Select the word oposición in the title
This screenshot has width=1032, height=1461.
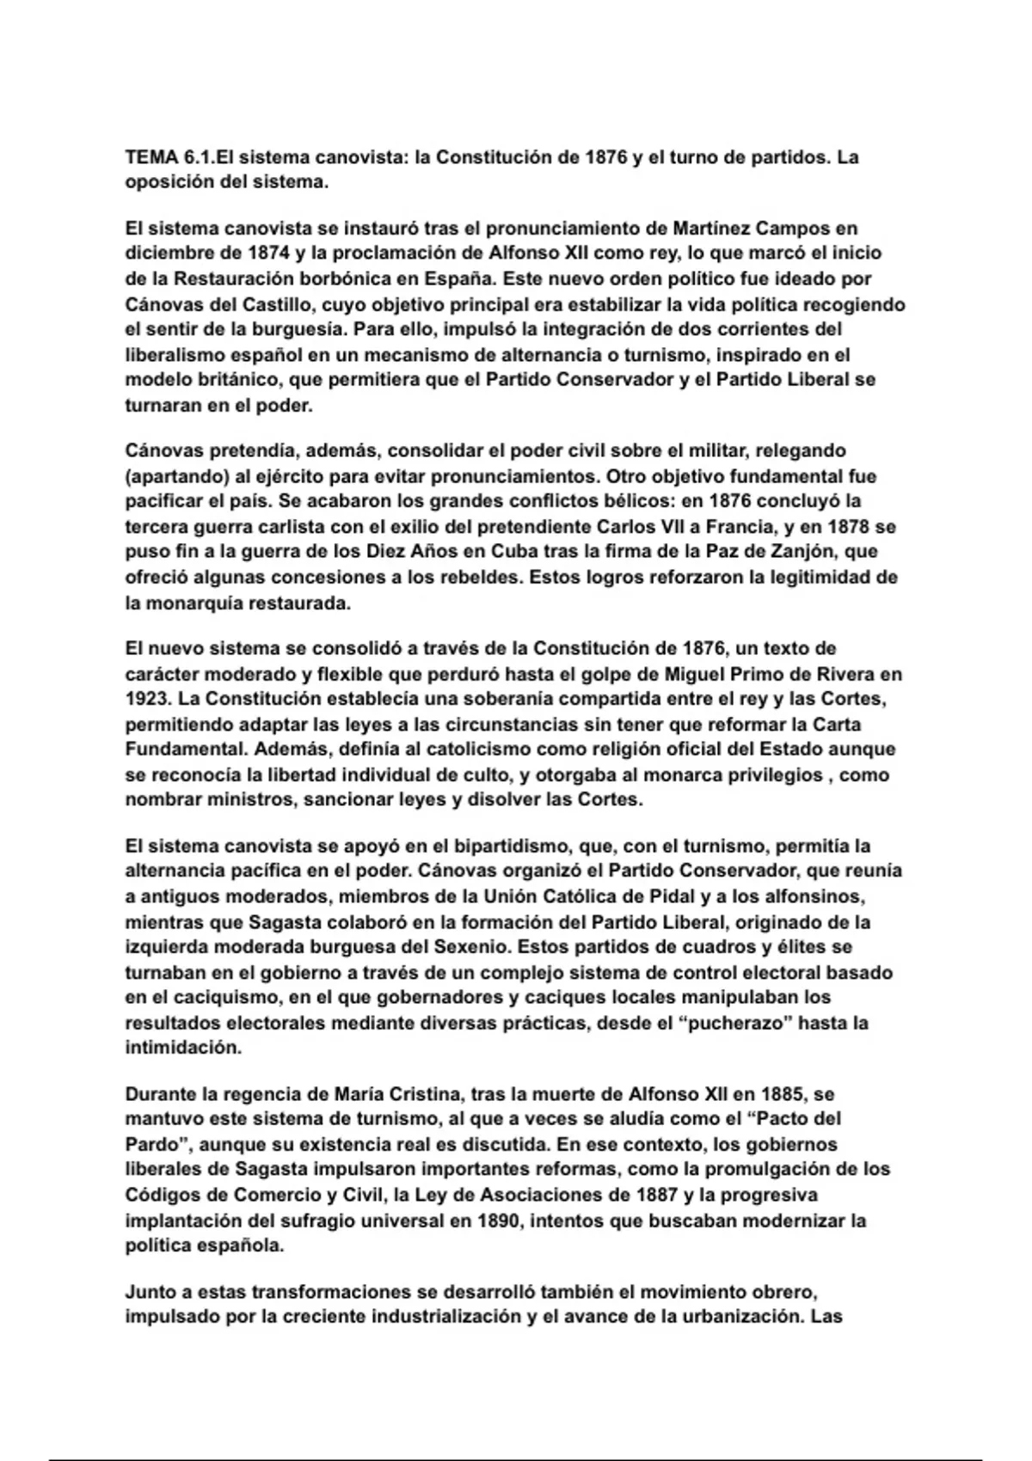[x=165, y=183]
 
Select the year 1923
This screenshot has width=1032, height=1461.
[x=148, y=699]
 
